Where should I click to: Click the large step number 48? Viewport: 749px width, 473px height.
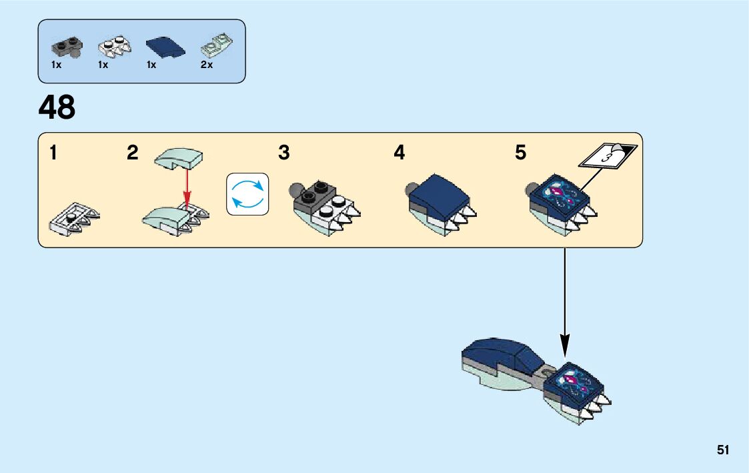57,107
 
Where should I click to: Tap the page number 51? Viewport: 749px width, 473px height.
723,450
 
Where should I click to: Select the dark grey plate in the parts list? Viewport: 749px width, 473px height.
65,47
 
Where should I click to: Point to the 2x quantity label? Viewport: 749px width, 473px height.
207,65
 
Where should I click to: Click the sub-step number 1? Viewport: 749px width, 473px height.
53,153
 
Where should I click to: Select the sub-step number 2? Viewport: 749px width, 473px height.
133,153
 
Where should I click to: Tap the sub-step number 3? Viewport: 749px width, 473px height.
284,153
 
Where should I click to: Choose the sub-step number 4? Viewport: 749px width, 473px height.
399,153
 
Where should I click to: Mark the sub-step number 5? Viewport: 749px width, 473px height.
520,153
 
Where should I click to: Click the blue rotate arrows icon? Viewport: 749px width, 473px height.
247,194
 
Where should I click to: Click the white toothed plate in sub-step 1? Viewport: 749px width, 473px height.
75,217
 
